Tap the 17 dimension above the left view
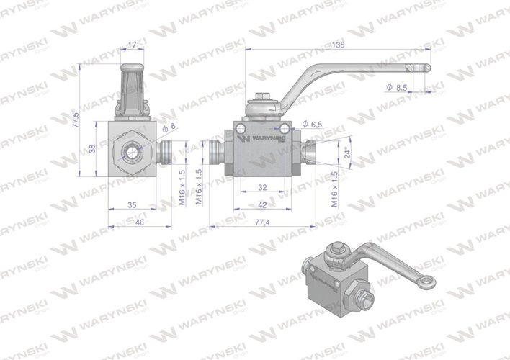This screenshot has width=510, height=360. pos(130,45)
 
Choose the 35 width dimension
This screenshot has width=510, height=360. pos(131,205)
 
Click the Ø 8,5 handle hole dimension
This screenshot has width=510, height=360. pos(401,87)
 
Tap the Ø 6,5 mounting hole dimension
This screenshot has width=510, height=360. pos(313,124)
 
